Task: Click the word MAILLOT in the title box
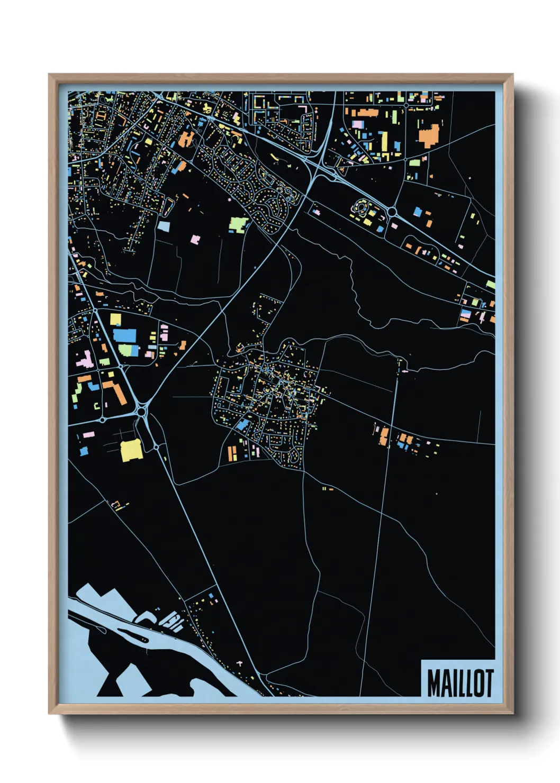pyautogui.click(x=459, y=683)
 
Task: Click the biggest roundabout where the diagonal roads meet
pyautogui.click(x=141, y=411)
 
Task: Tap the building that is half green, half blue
pyautogui.click(x=129, y=350)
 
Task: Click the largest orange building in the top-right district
pyautogui.click(x=429, y=135)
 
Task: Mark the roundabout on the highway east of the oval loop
pyautogui.click(x=392, y=212)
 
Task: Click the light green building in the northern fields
pyautogui.click(x=238, y=224)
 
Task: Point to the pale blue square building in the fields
pyautogui.click(x=164, y=226)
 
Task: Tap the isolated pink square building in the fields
pyautogui.click(x=195, y=240)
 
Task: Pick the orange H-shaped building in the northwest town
pyautogui.click(x=186, y=140)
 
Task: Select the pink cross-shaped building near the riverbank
pyautogui.click(x=240, y=662)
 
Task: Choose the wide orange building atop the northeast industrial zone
pyautogui.click(x=364, y=113)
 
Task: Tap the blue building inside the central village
pyautogui.click(x=243, y=425)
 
